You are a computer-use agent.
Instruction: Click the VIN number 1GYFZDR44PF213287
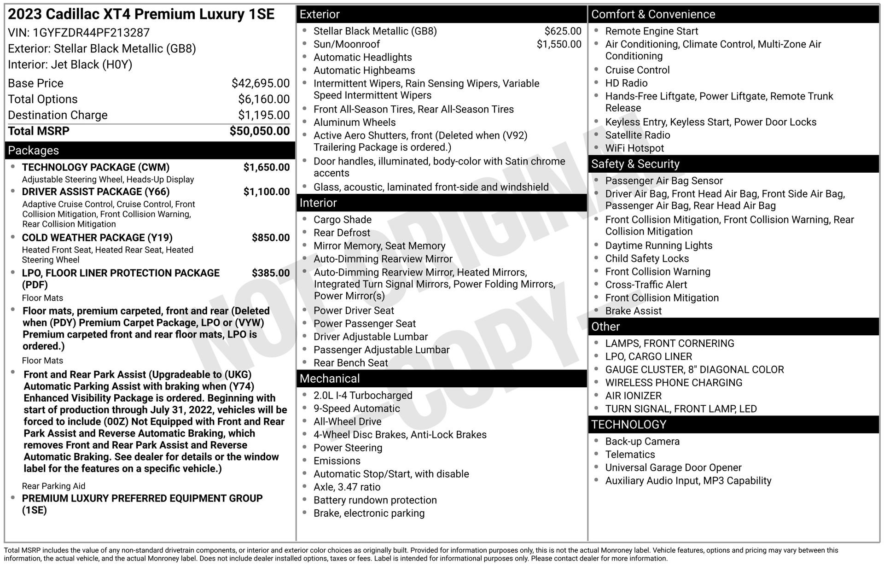point(91,33)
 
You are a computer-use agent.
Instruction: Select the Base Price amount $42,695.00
point(261,83)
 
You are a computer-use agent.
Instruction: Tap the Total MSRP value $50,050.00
point(260,131)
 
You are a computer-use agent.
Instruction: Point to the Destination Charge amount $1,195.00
point(264,115)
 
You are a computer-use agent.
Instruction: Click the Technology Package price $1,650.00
point(267,167)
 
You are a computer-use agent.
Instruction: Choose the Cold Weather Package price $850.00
point(271,238)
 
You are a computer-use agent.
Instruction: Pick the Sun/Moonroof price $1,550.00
point(559,44)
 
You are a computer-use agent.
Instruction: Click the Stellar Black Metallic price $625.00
point(563,31)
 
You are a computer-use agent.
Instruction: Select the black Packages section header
point(150,151)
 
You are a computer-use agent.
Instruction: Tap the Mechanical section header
point(441,379)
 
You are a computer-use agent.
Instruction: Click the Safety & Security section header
point(733,164)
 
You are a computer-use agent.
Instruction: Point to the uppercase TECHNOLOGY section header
point(733,425)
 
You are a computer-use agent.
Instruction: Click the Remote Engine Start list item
point(651,31)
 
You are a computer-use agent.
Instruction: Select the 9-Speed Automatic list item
point(357,408)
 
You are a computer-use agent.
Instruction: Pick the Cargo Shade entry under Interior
point(343,220)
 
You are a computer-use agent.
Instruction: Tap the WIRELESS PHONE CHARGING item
point(674,383)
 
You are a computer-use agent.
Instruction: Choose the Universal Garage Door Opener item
point(673,468)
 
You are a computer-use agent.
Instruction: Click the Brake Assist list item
point(634,311)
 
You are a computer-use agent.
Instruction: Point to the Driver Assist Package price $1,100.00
point(267,192)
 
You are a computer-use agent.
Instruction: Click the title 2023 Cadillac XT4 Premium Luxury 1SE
point(141,15)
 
